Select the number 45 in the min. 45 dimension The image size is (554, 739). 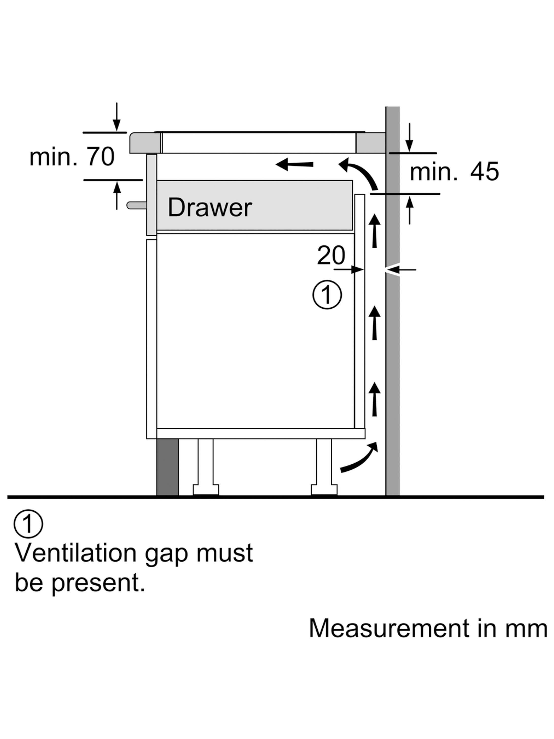(x=484, y=171)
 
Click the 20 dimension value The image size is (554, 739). (x=331, y=256)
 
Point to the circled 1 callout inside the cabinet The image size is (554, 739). (x=327, y=294)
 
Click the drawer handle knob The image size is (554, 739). (x=136, y=205)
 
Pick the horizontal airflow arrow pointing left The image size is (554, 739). (x=294, y=164)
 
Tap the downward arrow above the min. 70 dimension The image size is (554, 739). (x=116, y=117)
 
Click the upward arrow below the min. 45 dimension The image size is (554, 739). (x=410, y=210)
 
